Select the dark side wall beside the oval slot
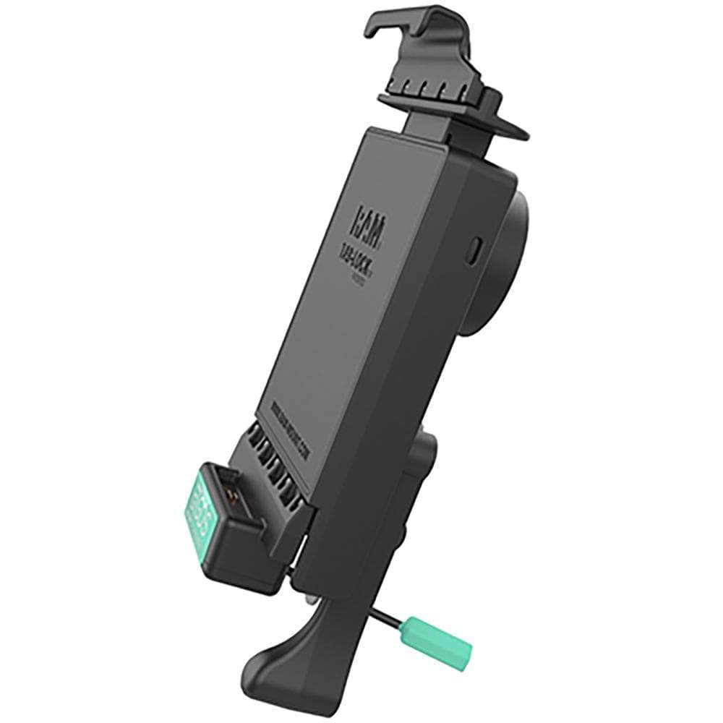pos(448,325)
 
